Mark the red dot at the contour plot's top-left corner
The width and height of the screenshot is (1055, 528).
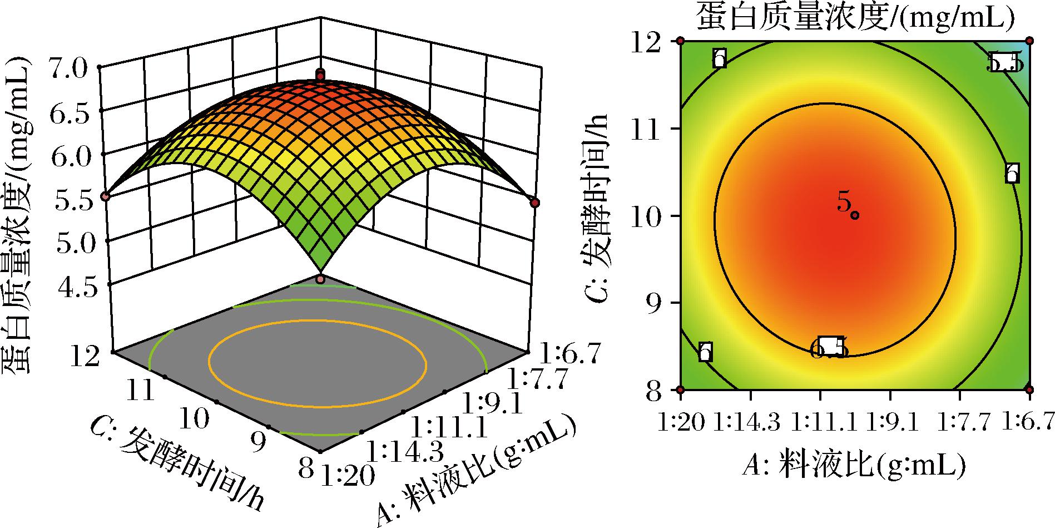coord(680,41)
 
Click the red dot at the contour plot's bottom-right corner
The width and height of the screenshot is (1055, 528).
coord(1029,389)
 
